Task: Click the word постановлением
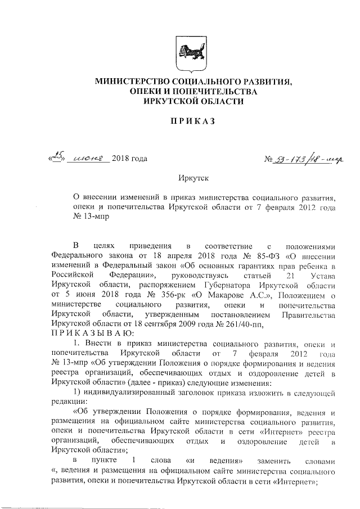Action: pyautogui.click(x=234, y=315)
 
